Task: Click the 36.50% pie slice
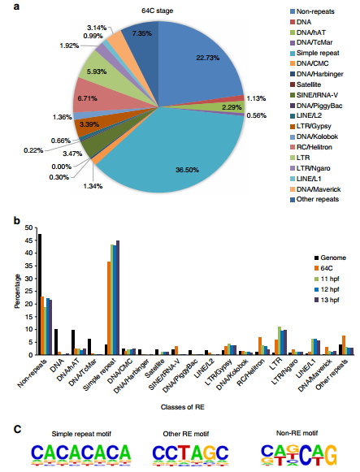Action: click(180, 157)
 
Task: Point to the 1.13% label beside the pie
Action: click(256, 98)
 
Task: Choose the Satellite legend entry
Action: click(306, 84)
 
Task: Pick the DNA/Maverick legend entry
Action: click(315, 189)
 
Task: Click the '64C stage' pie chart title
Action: click(158, 11)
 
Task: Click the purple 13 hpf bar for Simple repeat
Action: click(118, 297)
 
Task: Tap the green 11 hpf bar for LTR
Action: click(280, 340)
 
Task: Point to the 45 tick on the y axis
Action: click(28, 240)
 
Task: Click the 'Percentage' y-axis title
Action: click(17, 291)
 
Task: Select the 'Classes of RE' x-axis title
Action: click(182, 407)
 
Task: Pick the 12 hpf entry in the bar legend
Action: click(327, 289)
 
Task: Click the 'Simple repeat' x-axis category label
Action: click(99, 375)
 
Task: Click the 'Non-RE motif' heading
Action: click(297, 433)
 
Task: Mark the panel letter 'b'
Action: click(17, 221)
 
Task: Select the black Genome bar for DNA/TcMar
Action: click(89, 347)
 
